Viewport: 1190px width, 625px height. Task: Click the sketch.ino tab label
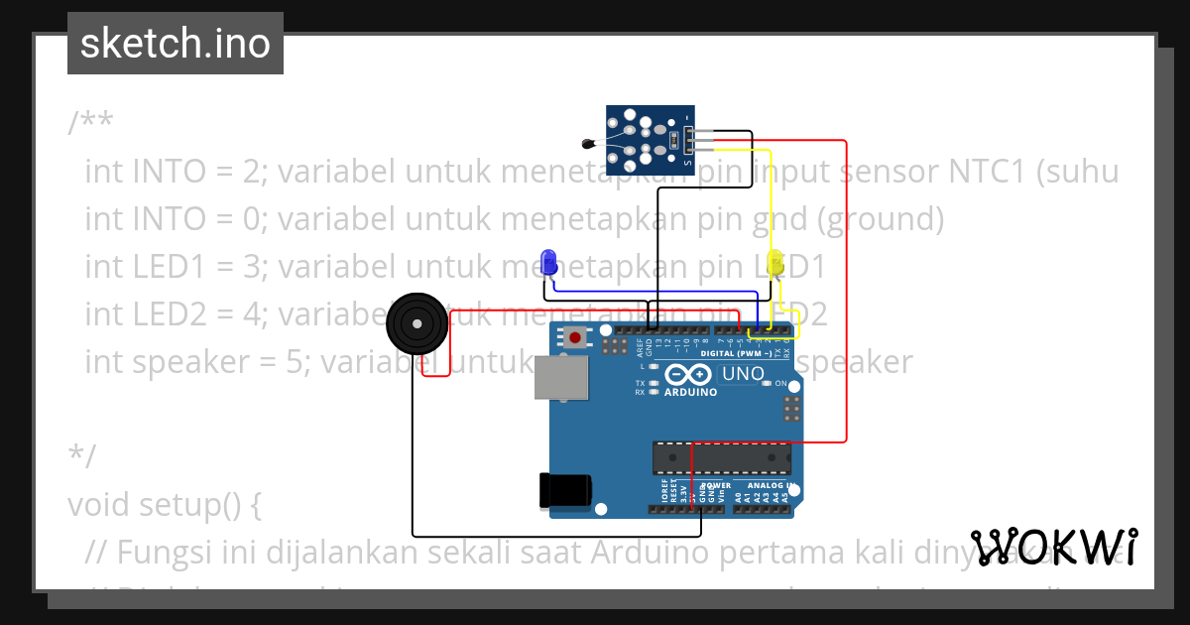coord(175,44)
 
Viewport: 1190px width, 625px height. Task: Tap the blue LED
coord(548,263)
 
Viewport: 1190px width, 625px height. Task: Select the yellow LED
coord(775,264)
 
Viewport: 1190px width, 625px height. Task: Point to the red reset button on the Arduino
coord(575,337)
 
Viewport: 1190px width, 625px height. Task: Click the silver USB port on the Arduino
coord(561,378)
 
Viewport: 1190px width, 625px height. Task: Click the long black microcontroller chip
coord(721,457)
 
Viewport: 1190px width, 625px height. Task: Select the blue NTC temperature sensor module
coord(650,137)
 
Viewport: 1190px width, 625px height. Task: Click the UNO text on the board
coord(742,374)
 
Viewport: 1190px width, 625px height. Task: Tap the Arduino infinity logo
coord(688,375)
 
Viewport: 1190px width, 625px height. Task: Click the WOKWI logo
coord(1054,547)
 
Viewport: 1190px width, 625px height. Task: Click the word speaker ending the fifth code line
coord(856,362)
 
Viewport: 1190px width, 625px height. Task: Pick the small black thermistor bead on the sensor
coord(591,145)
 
